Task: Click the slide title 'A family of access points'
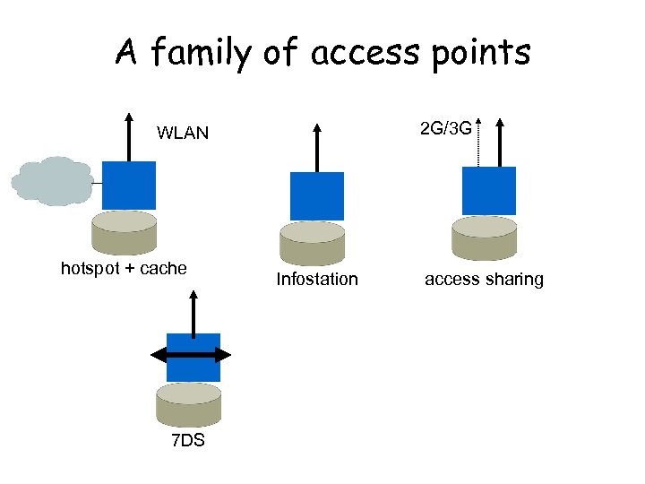coord(322,53)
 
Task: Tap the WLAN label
coord(183,134)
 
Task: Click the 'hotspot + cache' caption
coord(124,268)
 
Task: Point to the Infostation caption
coord(317,279)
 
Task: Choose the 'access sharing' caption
coord(484,279)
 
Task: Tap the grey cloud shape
coord(52,181)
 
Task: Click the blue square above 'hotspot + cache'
coord(129,186)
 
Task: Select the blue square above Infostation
coord(317,195)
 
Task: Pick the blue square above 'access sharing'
coord(488,190)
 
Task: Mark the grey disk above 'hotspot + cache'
coord(125,232)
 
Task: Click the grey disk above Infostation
coord(313,243)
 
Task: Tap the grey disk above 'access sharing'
coord(485,238)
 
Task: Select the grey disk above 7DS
coord(188,403)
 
